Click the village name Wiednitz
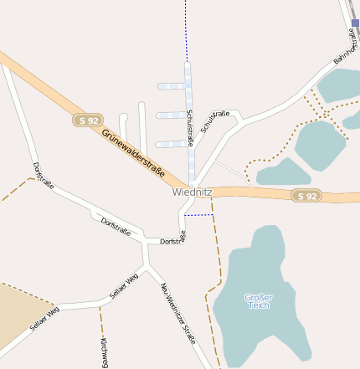coord(193,192)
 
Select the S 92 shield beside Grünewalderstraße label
coord(87,120)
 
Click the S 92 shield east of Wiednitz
coord(307,196)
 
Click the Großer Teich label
coord(259,301)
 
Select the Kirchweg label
coord(104,352)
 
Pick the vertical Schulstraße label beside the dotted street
coord(191,127)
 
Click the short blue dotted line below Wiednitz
coord(198,215)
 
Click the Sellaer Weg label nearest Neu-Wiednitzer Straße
coord(123,286)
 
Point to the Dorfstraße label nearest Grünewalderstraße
coord(43,175)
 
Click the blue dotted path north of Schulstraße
coord(186,29)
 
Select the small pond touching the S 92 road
coord(282,173)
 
